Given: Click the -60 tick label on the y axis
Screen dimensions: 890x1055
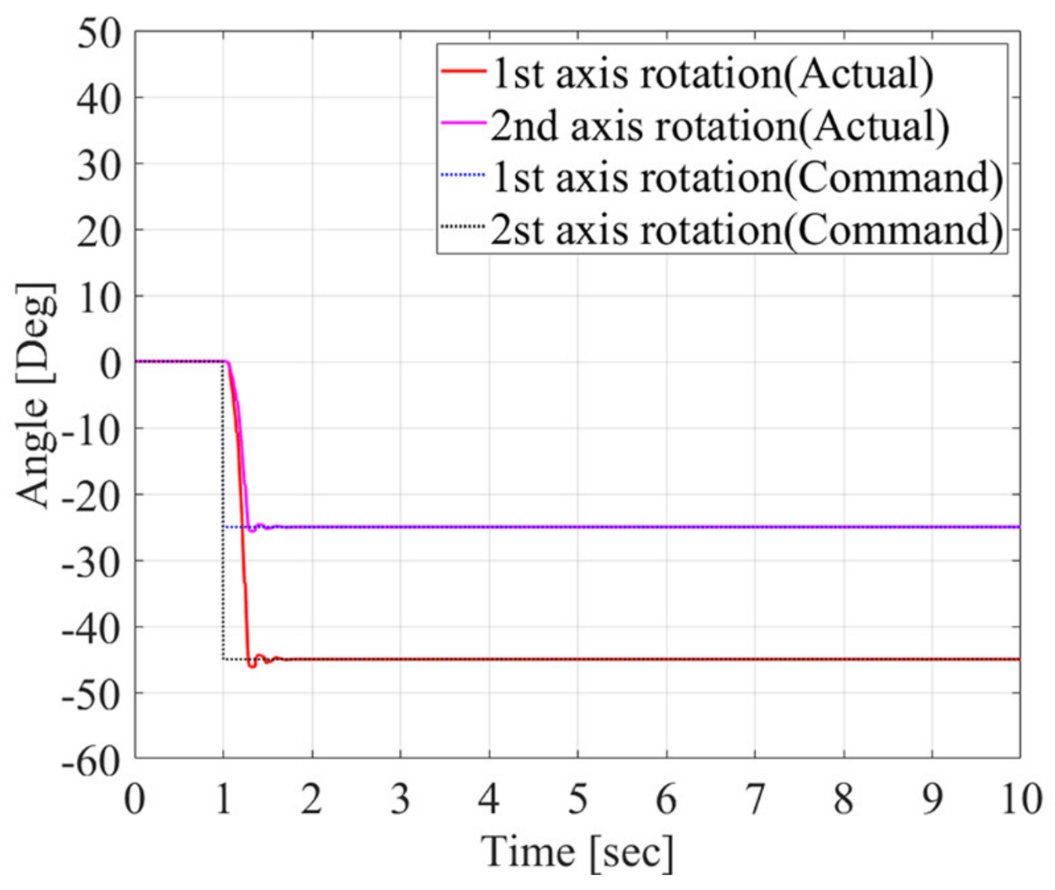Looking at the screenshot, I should pyautogui.click(x=91, y=762).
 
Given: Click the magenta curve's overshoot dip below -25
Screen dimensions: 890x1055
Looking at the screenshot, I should pyautogui.click(x=253, y=531).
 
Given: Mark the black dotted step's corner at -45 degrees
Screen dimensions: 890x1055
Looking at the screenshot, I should pyautogui.click(x=223, y=659).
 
